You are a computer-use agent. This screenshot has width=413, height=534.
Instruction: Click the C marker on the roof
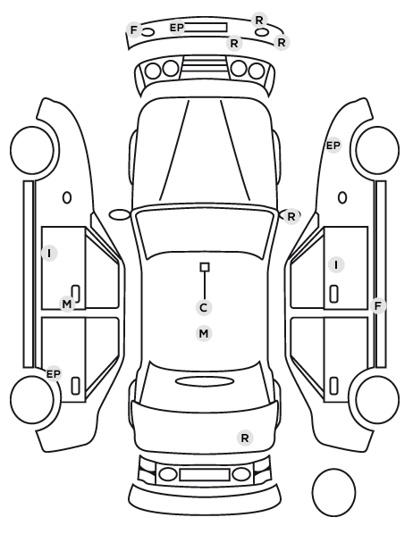click(204, 307)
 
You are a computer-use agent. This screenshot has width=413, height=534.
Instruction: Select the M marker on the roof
click(204, 333)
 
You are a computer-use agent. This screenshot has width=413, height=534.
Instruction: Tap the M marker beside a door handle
click(67, 304)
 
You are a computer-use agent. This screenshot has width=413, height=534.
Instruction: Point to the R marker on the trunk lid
click(245, 438)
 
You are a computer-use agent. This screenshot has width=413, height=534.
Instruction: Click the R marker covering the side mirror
click(291, 217)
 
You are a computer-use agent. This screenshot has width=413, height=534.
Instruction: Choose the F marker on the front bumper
click(134, 30)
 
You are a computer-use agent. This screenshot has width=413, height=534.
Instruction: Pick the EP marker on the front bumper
click(177, 28)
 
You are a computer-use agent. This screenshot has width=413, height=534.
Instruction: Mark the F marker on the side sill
click(378, 305)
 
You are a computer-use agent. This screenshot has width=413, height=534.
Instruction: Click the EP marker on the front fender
click(333, 146)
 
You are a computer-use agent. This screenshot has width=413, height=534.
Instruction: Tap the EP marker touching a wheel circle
click(54, 374)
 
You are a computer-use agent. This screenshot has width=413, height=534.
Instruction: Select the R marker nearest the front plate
click(234, 43)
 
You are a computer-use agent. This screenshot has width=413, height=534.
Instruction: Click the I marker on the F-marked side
click(336, 264)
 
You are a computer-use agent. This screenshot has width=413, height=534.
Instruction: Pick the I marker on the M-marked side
click(49, 253)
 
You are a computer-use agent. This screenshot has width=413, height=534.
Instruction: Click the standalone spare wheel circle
click(333, 492)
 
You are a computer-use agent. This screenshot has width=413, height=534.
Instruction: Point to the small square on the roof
click(205, 267)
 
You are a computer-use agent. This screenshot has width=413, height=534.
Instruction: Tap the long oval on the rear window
click(205, 381)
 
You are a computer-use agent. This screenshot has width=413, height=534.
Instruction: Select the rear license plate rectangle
click(205, 474)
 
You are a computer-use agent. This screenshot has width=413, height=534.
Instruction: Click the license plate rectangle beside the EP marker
click(206, 28)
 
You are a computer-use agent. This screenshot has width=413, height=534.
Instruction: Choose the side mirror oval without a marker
click(120, 215)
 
